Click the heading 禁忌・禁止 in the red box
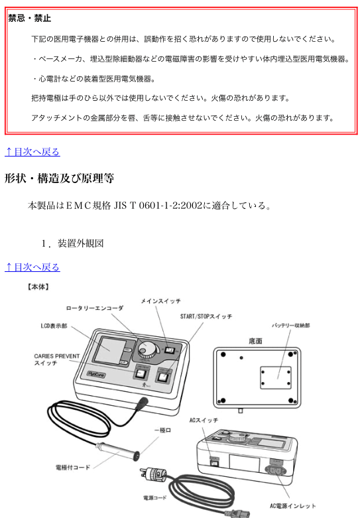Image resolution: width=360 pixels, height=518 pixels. [29, 18]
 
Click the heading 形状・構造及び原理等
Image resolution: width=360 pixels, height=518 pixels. [59, 178]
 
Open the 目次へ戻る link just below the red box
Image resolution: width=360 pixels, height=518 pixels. [32, 152]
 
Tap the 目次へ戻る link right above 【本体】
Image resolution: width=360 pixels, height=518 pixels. [32, 267]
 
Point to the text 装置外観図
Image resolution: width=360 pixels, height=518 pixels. [81, 243]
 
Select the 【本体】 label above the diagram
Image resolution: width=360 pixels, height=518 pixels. [38, 287]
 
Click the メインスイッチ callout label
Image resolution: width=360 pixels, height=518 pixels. [161, 301]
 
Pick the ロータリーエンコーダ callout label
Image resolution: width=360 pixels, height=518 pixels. [95, 308]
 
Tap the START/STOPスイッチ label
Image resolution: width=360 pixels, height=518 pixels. [206, 316]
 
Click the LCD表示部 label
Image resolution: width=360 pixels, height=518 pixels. [54, 326]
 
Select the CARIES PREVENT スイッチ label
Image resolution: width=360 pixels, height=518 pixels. [57, 359]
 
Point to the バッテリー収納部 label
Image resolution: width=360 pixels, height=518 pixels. [290, 326]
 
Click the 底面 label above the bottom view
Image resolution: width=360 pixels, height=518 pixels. [255, 341]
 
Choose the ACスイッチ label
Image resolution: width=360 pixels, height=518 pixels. [204, 421]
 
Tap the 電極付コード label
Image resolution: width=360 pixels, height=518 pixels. [73, 468]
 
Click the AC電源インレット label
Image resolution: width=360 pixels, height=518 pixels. [292, 506]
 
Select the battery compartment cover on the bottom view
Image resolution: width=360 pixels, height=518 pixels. [276, 377]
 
